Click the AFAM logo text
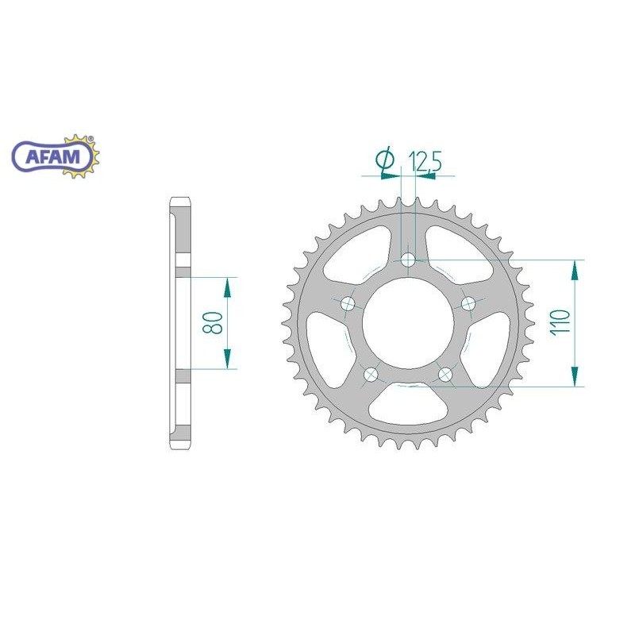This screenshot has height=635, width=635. click(52, 156)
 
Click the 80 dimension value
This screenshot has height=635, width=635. click(213, 322)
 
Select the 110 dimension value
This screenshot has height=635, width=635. click(560, 321)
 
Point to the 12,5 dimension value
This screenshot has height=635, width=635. click(425, 161)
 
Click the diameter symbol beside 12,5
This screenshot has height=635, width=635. click(385, 160)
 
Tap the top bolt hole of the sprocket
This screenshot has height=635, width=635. click(408, 260)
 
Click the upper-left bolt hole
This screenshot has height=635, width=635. click(348, 303)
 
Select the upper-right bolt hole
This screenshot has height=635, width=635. click(468, 302)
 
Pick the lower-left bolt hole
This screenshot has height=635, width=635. click(371, 375)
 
